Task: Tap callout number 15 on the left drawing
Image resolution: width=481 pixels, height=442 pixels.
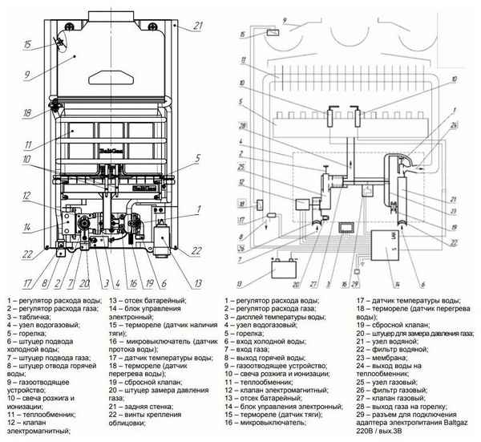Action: (27, 45)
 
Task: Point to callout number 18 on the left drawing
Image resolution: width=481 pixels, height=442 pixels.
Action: (26, 113)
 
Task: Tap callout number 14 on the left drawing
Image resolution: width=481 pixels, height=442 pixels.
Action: (26, 228)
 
